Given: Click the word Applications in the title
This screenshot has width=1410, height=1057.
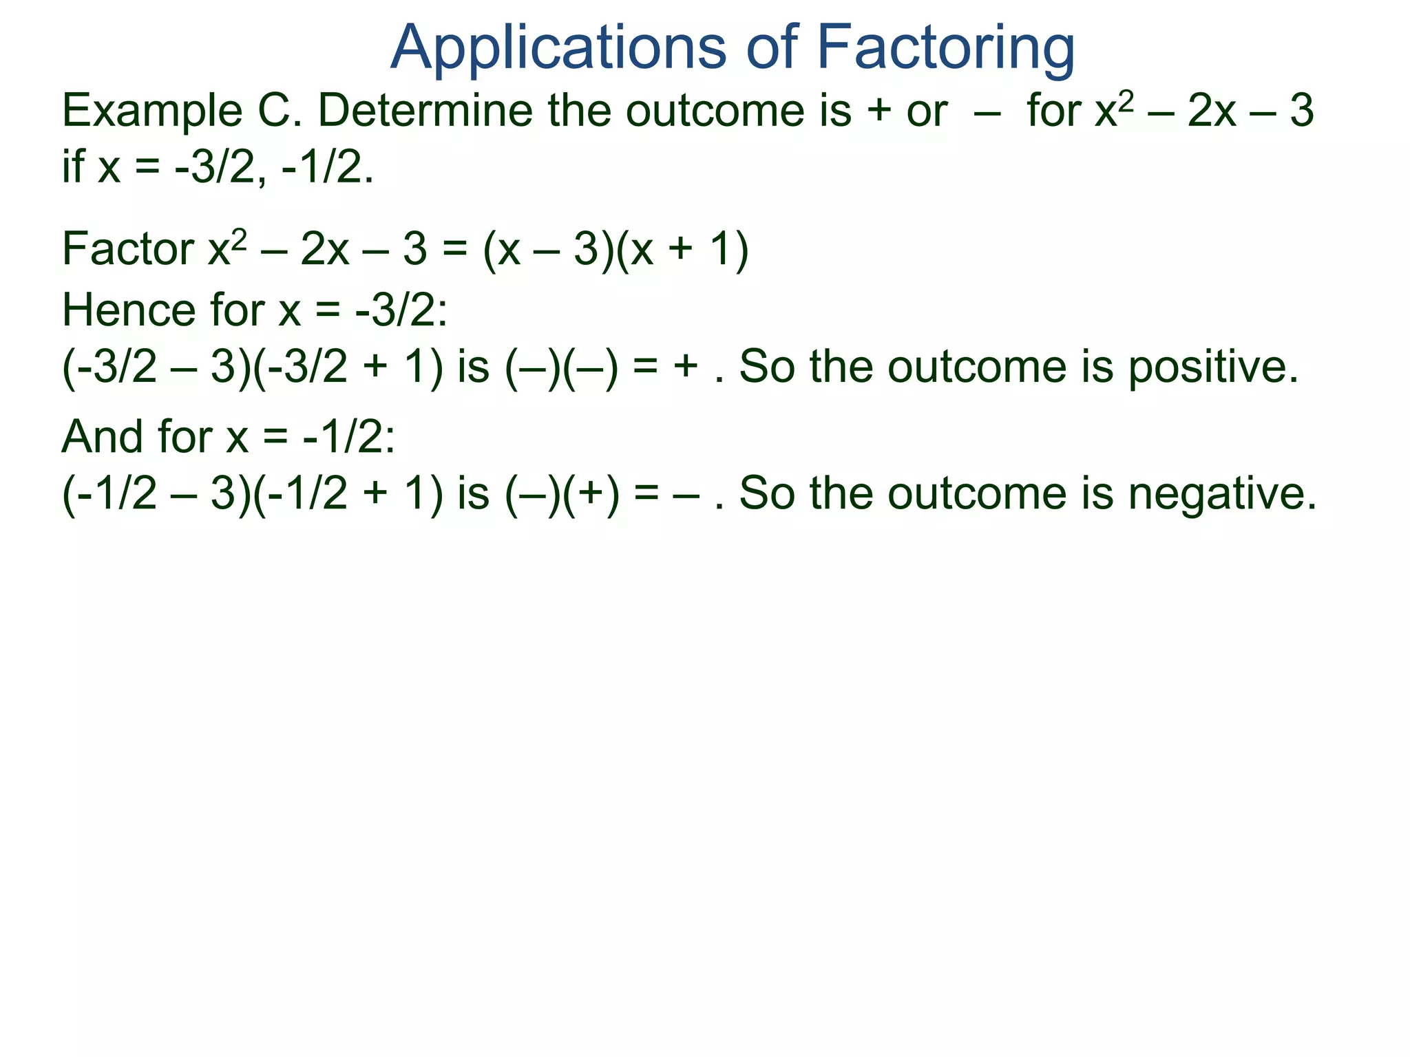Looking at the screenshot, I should coord(558,48).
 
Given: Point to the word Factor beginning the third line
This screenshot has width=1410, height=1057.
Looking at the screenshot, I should coord(128,248).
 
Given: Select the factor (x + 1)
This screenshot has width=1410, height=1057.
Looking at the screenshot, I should coord(682,250).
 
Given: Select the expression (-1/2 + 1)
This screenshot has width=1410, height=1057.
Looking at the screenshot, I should coord(348,494).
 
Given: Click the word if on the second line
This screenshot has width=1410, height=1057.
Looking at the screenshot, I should coord(73,167).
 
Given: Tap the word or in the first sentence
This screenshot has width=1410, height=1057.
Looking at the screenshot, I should coord(927,111).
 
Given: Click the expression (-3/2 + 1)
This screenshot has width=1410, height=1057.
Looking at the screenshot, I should coord(348,367).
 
